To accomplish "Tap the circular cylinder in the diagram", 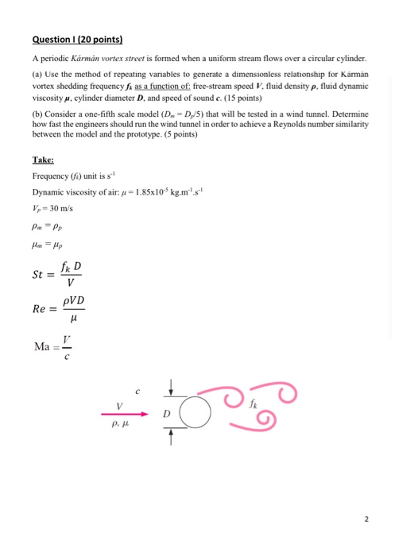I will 195,414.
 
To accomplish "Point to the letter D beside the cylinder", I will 166,413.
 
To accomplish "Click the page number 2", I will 366,519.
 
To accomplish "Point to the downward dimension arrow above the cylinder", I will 171,388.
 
